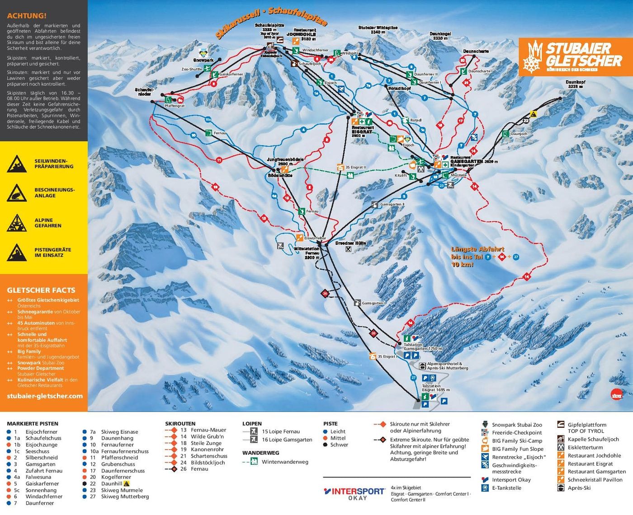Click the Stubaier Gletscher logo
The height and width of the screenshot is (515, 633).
[572, 57]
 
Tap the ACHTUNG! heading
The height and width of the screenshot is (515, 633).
[27, 16]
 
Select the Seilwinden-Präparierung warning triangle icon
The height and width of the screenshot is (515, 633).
[17, 164]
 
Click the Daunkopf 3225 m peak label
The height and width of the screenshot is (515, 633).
[575, 84]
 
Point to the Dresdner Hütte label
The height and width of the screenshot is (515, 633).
[350, 243]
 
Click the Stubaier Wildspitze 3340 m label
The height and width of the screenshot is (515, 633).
[378, 30]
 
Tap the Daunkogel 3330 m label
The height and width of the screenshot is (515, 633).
[440, 36]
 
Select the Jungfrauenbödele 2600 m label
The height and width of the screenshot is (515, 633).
[285, 162]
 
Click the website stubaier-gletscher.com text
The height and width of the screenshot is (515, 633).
[45, 396]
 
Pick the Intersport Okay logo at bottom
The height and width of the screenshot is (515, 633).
[354, 493]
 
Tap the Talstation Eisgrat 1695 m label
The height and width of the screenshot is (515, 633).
[435, 388]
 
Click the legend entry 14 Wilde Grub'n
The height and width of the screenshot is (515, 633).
[202, 436]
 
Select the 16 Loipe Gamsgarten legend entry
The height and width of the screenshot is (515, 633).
[287, 440]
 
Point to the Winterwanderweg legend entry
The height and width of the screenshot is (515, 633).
[284, 462]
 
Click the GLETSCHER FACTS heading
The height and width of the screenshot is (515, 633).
[41, 290]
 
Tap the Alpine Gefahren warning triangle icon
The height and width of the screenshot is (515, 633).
[17, 223]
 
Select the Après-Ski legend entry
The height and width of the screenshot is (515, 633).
[579, 488]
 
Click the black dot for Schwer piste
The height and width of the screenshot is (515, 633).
[326, 445]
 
